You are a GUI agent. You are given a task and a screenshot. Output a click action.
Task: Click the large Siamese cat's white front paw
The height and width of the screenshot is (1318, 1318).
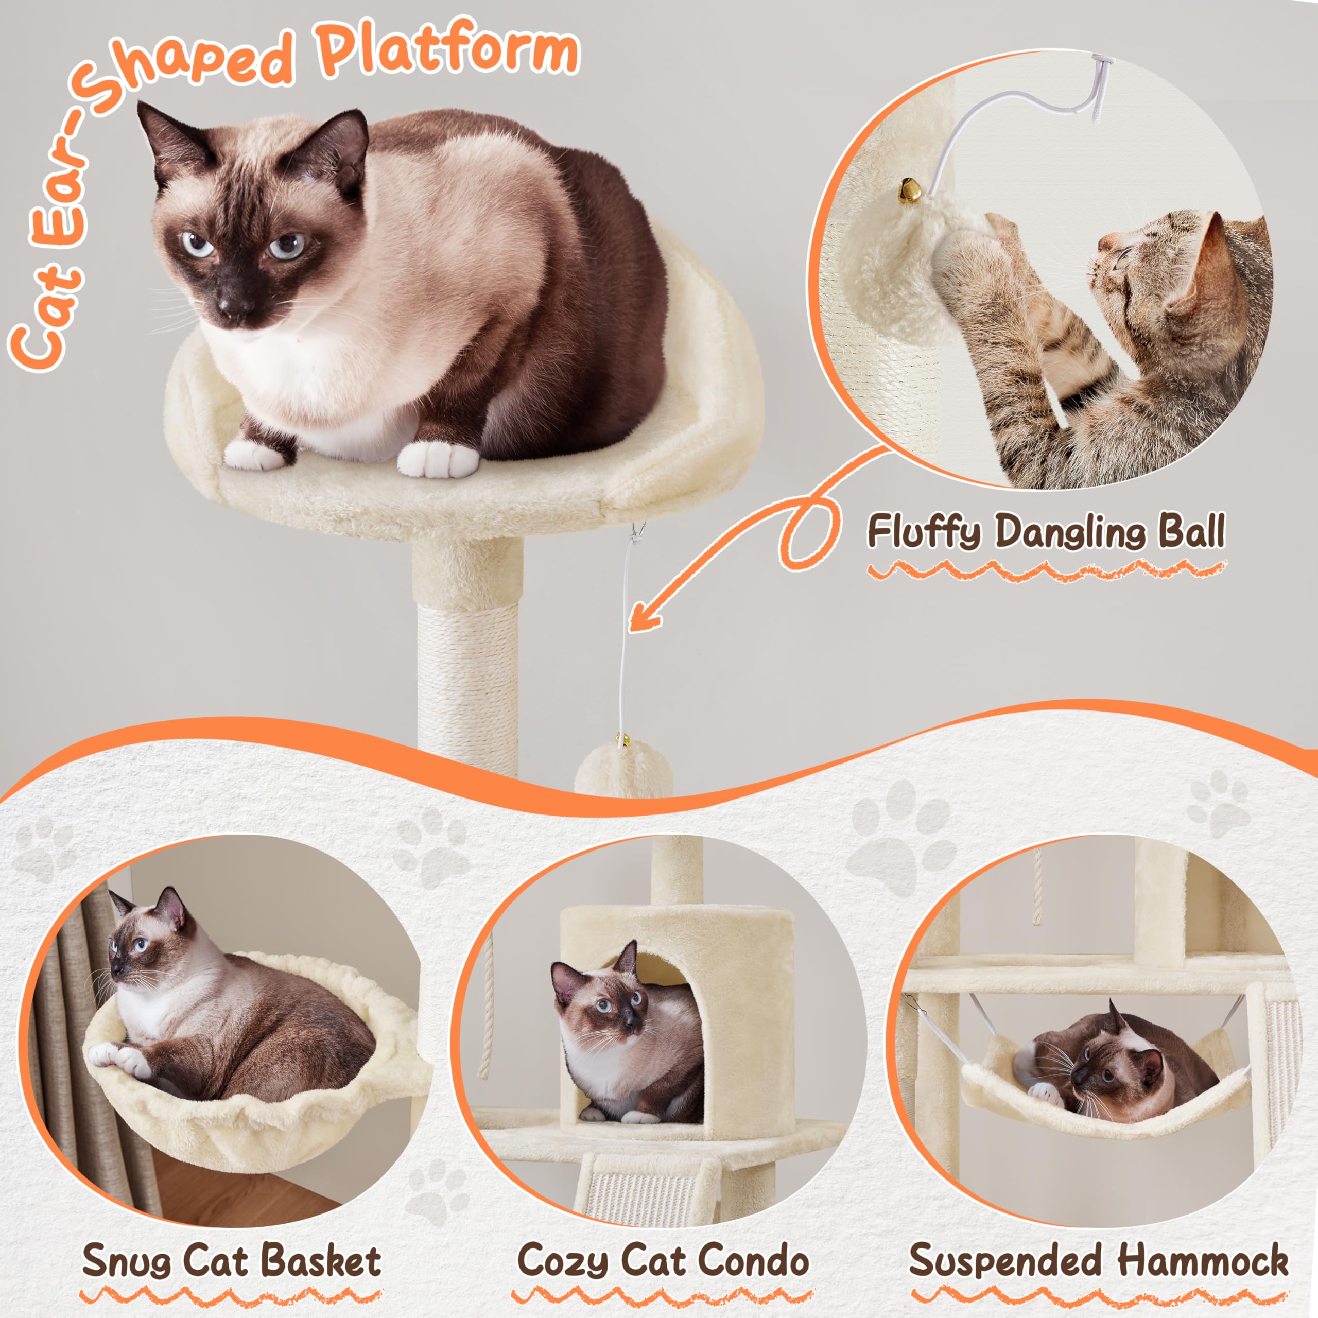[437, 458]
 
